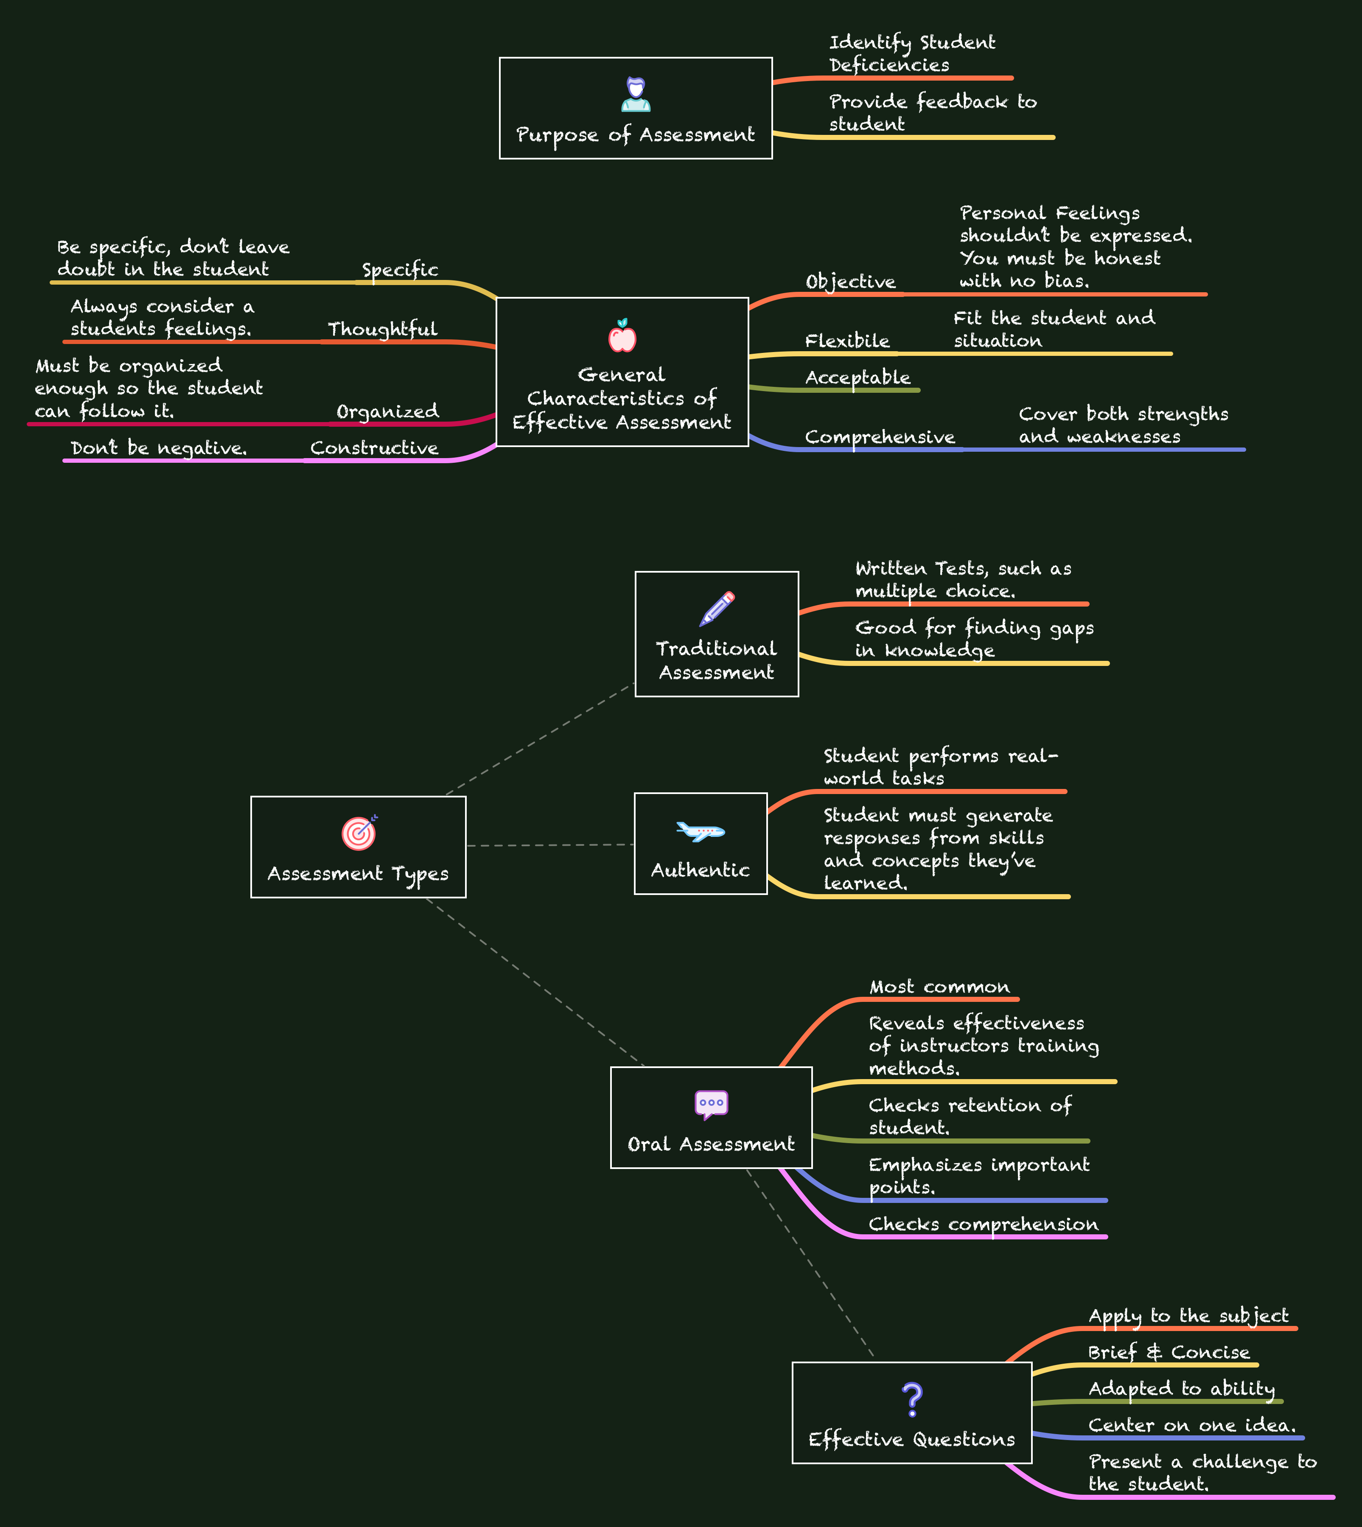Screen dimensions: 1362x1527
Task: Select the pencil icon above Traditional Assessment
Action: click(717, 608)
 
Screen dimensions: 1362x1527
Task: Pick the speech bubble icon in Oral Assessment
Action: click(711, 1104)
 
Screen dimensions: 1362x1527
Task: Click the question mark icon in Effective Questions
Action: click(912, 1399)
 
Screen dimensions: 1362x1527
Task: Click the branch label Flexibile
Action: click(847, 341)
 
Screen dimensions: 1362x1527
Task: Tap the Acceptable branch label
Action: click(858, 378)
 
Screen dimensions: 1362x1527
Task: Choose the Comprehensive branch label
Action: click(880, 437)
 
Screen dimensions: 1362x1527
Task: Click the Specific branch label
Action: click(401, 270)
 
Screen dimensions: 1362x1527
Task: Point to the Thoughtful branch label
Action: click(382, 329)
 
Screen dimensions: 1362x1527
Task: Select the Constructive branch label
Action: click(374, 448)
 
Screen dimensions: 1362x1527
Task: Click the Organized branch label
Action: click(388, 411)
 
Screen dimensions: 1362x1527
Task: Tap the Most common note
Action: click(939, 987)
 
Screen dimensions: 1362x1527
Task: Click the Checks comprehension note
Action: click(984, 1224)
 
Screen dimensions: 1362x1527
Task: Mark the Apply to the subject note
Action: click(1188, 1316)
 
